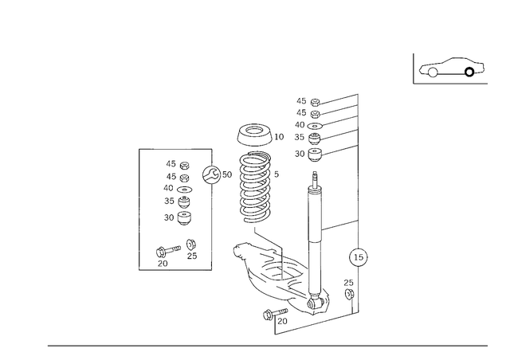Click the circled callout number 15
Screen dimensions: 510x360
358,257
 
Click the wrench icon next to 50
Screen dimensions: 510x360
211,174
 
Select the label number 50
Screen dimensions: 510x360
227,174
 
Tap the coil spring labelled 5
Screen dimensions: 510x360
255,187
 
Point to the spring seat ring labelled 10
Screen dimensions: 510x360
254,135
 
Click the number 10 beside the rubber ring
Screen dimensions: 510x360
279,137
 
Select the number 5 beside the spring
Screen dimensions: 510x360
277,174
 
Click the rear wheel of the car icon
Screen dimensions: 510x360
469,72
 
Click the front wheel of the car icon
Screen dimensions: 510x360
433,72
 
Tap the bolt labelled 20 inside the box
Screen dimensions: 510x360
168,251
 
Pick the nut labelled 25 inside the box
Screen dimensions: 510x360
191,245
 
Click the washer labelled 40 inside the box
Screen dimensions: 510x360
184,190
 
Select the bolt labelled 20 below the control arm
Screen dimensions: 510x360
275,314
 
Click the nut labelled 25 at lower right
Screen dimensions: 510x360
349,294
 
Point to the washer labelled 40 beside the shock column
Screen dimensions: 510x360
315,126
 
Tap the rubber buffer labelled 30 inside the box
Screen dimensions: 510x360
185,218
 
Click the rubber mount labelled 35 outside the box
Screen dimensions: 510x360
314,139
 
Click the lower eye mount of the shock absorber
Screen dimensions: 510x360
315,303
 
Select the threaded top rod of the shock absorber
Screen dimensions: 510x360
314,179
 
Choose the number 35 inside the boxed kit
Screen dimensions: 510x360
169,201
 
